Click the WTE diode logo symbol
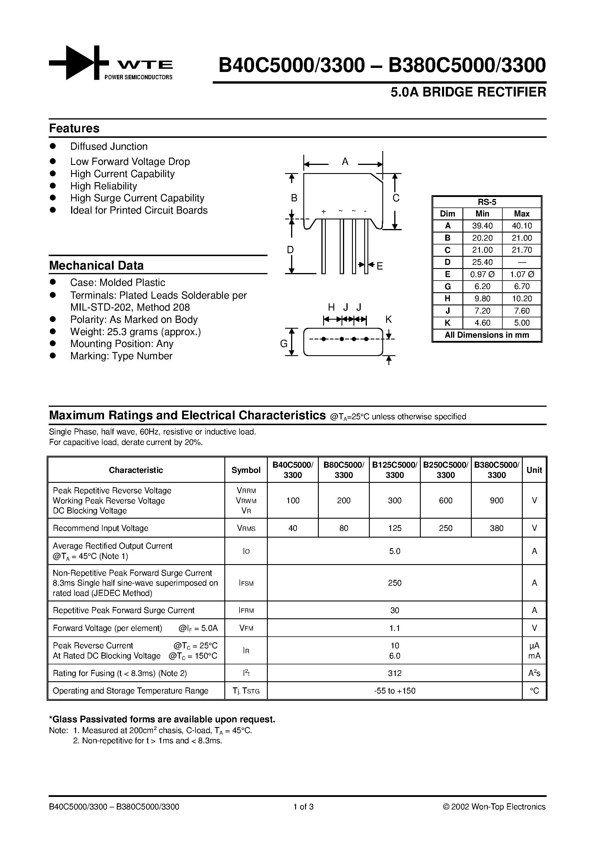click(79, 63)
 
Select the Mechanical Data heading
click(96, 266)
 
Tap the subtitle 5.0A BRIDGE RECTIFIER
click(468, 92)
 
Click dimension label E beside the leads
click(380, 266)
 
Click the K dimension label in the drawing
click(388, 319)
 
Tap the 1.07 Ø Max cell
click(522, 274)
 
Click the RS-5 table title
click(487, 202)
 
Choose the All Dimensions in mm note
click(487, 335)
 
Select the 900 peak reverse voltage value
click(497, 501)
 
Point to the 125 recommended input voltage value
click(395, 528)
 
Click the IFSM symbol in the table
click(246, 583)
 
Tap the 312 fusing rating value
click(395, 673)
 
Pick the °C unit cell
click(534, 691)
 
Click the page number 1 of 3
click(304, 807)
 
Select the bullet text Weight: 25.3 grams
click(135, 332)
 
